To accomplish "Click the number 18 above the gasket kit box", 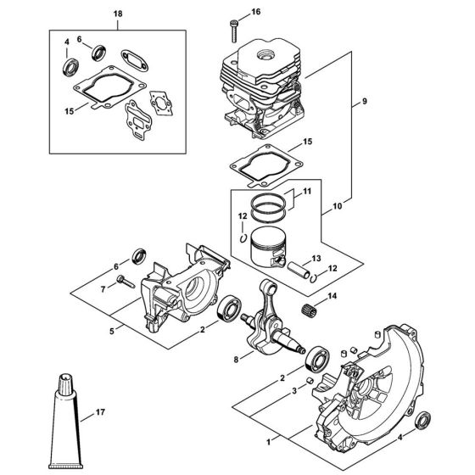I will [x=117, y=15].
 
